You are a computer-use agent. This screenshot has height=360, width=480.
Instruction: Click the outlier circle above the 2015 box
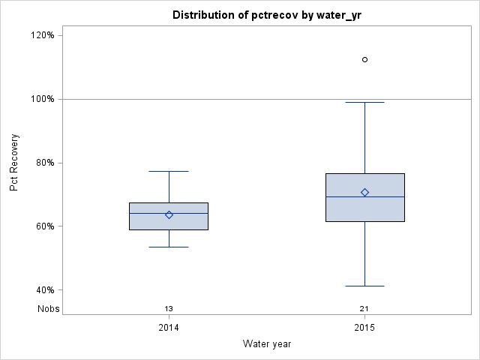(x=364, y=59)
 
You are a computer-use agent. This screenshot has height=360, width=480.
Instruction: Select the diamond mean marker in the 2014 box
(x=169, y=214)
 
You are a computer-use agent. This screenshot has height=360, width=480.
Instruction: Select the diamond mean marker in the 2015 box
(x=364, y=192)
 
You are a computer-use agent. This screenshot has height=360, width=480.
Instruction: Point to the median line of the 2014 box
(x=169, y=213)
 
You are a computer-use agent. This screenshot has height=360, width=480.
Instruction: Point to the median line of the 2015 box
(x=364, y=196)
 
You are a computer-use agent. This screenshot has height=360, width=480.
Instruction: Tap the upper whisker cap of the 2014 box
(x=169, y=171)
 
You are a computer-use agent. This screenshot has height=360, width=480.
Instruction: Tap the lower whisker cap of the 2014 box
(x=169, y=247)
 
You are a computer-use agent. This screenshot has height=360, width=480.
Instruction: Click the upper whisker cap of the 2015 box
(x=364, y=102)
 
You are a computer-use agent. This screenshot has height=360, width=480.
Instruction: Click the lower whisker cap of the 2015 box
(x=364, y=286)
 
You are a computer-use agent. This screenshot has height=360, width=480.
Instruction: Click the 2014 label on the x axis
(x=169, y=328)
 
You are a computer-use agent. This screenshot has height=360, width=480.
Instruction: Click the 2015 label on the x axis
(x=364, y=328)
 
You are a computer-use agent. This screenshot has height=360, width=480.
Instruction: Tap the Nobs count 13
(x=169, y=308)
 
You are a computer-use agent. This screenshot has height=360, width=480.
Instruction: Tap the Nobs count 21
(x=364, y=308)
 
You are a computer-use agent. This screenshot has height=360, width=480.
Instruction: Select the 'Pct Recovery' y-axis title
(x=14, y=163)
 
